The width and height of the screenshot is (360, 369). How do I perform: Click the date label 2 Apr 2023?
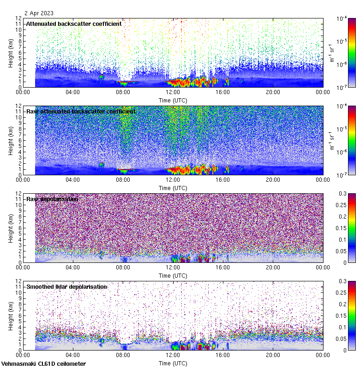(39, 13)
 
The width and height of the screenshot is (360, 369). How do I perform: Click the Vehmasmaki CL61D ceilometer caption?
(43, 364)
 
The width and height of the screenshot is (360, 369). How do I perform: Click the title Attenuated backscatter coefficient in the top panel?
(74, 24)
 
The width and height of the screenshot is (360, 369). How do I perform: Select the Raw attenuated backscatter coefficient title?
(81, 111)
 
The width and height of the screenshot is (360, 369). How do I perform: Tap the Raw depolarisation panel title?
(52, 199)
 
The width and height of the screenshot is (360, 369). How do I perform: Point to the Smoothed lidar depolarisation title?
(67, 286)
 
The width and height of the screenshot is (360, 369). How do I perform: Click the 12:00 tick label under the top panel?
(173, 92)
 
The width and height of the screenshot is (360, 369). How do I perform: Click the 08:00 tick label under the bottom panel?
(123, 355)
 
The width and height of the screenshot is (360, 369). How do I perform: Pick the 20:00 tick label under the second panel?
(273, 179)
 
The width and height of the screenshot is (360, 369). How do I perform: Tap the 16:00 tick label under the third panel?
(223, 267)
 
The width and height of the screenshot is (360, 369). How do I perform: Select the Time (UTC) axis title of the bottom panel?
(173, 363)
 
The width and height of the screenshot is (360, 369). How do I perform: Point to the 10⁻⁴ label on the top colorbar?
(342, 18)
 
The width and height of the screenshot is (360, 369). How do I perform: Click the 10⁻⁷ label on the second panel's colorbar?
(342, 175)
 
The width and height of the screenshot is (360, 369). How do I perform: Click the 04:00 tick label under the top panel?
(73, 92)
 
